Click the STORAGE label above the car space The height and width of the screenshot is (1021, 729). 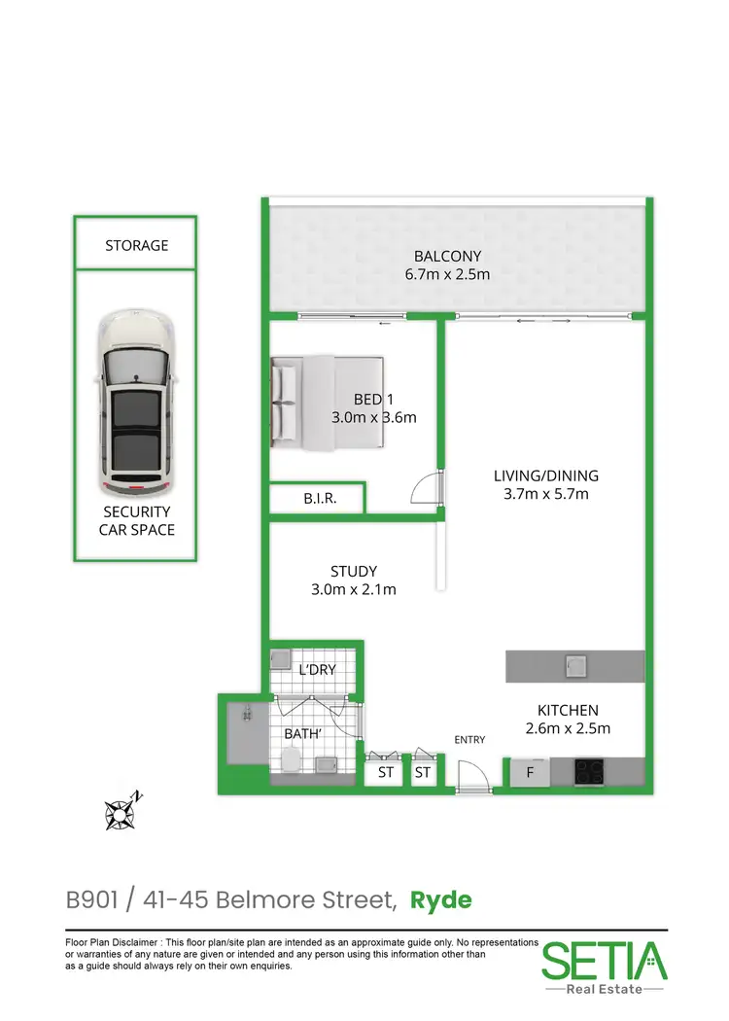point(136,246)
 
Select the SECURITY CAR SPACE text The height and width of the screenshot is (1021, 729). point(135,520)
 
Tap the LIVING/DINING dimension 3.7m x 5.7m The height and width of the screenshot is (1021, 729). point(545,494)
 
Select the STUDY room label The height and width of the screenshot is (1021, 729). point(353,571)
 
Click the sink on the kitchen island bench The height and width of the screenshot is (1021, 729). point(574,666)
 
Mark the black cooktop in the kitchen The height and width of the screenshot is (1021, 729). point(592,772)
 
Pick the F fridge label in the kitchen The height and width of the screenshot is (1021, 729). point(530,773)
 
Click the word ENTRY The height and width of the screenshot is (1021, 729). point(469,740)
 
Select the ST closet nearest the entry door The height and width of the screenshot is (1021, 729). point(423,773)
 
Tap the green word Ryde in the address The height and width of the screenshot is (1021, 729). point(440,899)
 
